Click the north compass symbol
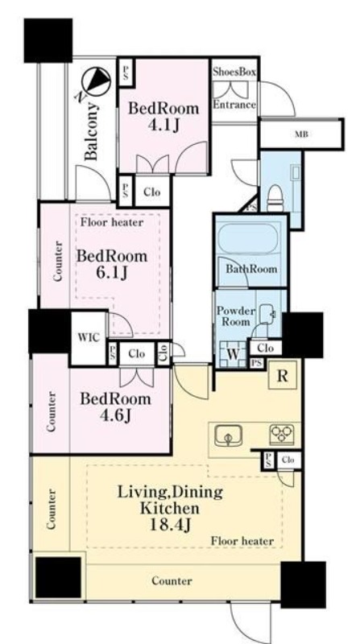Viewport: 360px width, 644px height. click(96, 81)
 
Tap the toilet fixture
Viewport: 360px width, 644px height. click(275, 197)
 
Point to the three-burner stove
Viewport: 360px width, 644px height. click(282, 435)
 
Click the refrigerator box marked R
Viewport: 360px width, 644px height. click(282, 376)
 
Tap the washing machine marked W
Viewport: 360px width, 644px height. click(233, 354)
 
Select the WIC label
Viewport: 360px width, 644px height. click(89, 337)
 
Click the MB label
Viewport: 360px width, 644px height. click(301, 134)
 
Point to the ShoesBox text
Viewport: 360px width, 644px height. click(234, 72)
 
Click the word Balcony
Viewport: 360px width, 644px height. click(92, 131)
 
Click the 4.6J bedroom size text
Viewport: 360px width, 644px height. click(115, 416)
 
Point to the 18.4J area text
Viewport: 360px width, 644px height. click(171, 525)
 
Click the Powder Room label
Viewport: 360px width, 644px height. click(236, 316)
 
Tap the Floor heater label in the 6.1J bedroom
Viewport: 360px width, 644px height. click(112, 223)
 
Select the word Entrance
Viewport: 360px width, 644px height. click(234, 105)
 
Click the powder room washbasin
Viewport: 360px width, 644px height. click(267, 314)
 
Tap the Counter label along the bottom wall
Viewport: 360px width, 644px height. click(172, 580)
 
